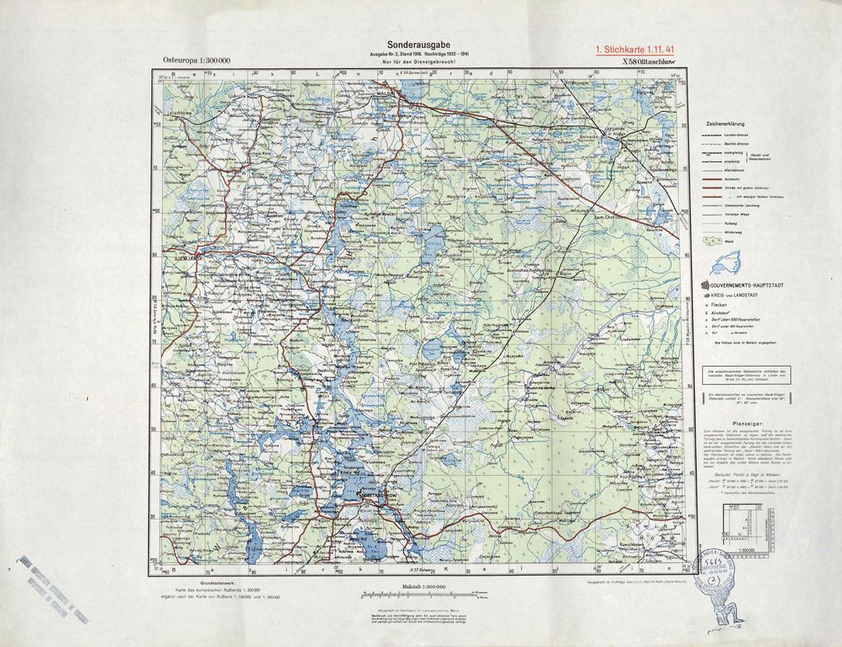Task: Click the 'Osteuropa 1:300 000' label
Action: (x=197, y=61)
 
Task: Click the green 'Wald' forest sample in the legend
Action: (x=710, y=241)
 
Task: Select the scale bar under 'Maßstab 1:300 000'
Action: (x=419, y=594)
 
